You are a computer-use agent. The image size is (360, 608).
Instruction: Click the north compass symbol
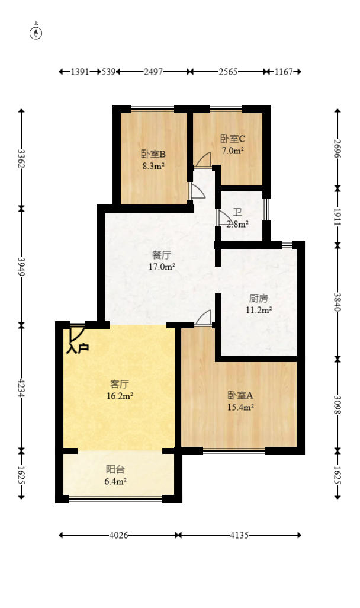point(36,33)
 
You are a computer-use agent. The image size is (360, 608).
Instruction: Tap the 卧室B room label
point(153,154)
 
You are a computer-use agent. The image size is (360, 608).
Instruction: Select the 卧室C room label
point(233,139)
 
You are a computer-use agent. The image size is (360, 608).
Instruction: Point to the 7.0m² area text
point(233,151)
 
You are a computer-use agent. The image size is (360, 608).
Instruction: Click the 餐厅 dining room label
point(161,255)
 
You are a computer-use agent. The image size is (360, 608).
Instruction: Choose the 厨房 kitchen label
point(259,298)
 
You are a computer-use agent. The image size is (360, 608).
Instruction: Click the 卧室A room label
point(240,395)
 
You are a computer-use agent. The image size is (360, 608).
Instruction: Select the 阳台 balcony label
point(115,469)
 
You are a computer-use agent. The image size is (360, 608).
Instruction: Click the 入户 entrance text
point(78,348)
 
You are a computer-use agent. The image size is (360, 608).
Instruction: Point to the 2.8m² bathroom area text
point(237,224)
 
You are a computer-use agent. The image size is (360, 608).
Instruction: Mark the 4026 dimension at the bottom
point(118,535)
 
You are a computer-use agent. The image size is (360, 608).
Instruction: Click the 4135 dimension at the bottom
point(239,535)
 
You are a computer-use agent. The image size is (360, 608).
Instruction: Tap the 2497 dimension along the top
point(153,72)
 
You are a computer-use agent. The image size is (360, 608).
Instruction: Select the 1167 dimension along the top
point(284,72)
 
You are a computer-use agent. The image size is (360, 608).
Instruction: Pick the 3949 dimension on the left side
point(21,267)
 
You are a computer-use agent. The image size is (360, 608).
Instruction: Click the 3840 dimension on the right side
point(337,302)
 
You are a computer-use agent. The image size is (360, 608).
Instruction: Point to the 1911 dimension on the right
point(337,217)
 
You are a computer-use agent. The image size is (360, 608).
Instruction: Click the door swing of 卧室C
point(203,160)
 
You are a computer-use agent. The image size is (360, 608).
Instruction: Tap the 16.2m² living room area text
point(120,396)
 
